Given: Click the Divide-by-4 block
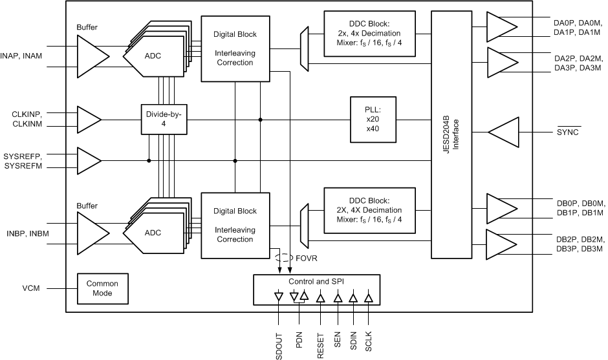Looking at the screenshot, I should click(x=164, y=120).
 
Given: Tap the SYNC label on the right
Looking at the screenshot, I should click(x=568, y=132).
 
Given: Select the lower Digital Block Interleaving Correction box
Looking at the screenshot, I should click(x=235, y=225).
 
